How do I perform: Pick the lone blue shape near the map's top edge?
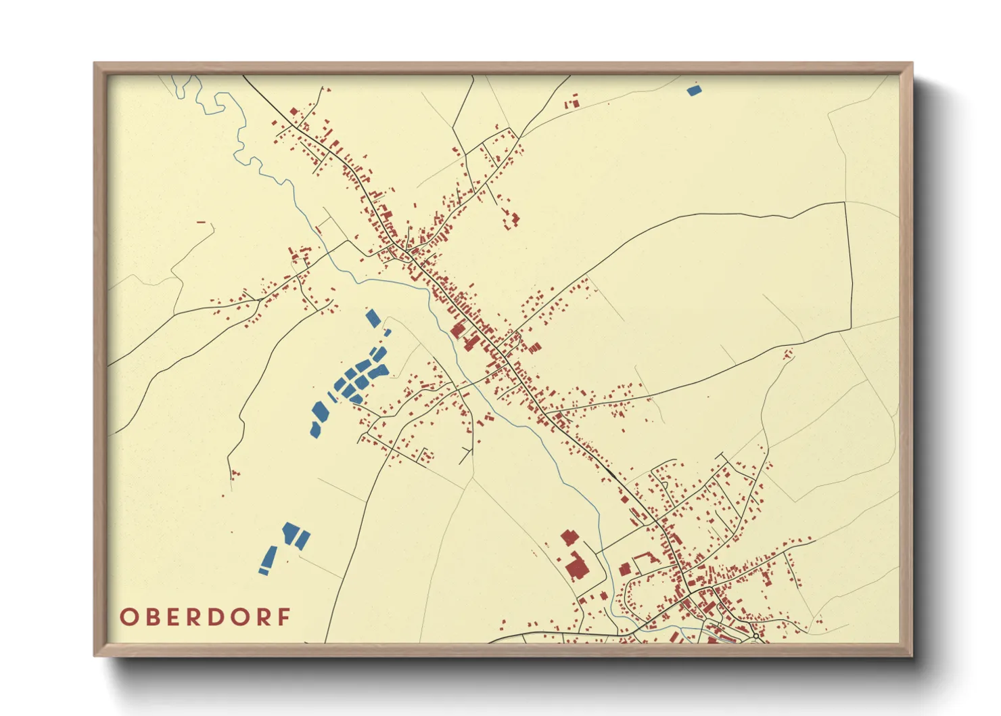pos(693,90)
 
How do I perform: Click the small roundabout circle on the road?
pos(755,637)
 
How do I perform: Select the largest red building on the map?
pos(577,567)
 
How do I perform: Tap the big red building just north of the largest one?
pos(569,538)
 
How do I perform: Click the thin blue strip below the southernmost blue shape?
pos(264,572)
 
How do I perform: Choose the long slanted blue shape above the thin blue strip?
pos(269,557)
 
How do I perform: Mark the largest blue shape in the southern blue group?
pos(292,532)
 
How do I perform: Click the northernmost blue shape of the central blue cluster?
pos(373,318)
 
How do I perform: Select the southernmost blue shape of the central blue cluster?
pos(315,429)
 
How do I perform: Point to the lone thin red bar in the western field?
pos(201,222)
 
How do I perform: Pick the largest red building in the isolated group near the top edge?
pos(576,104)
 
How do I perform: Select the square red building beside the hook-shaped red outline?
pos(625,569)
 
